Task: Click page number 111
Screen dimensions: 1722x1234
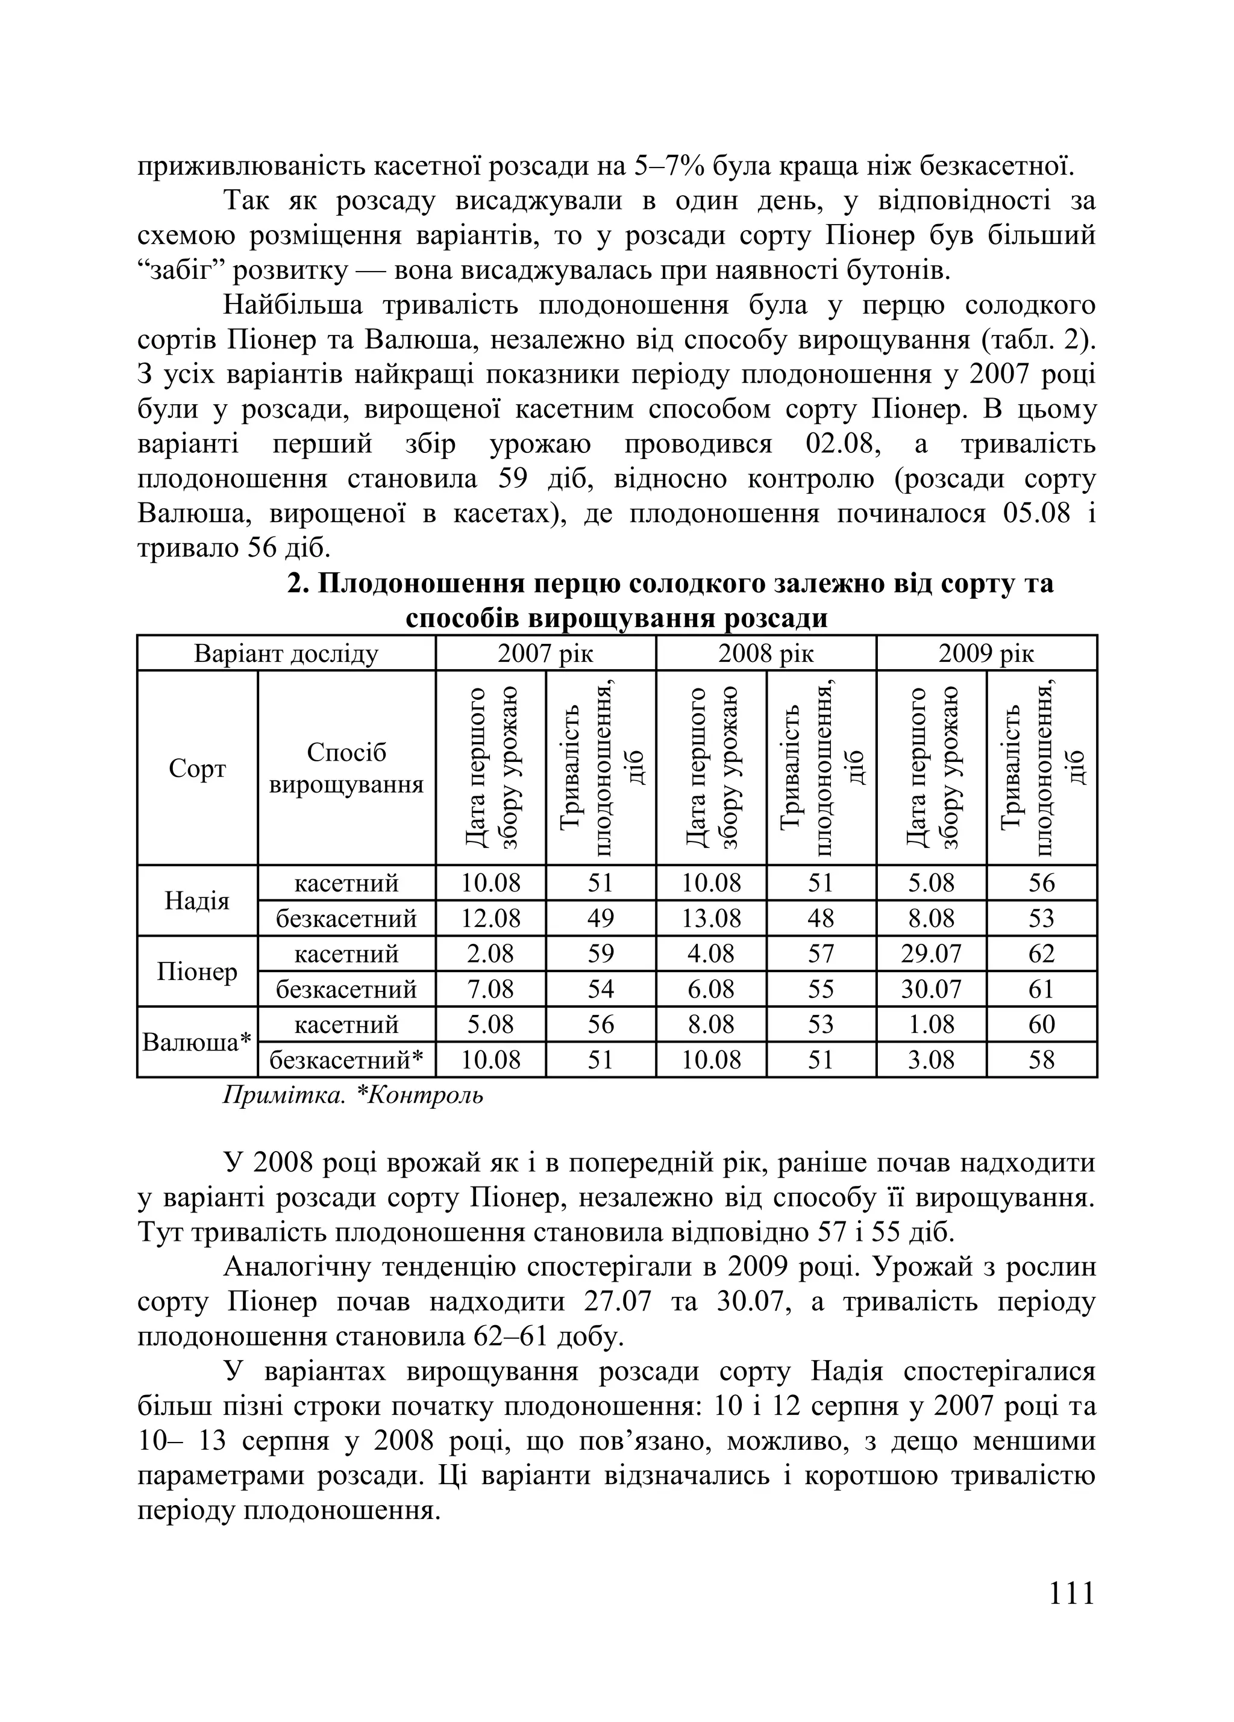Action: (1071, 1593)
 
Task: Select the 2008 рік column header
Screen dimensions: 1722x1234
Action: (765, 653)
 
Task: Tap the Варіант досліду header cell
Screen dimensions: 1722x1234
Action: (286, 653)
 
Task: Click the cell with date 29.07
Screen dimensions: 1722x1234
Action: (931, 953)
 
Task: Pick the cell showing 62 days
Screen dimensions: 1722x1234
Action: (1041, 953)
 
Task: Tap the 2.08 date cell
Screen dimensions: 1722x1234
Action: (490, 953)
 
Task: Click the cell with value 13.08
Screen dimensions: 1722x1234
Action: (711, 919)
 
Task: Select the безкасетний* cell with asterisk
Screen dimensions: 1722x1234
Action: (346, 1060)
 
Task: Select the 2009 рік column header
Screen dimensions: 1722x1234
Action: (986, 653)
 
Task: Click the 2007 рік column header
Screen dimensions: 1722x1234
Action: (545, 653)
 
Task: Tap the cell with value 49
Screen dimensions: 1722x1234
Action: (600, 919)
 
